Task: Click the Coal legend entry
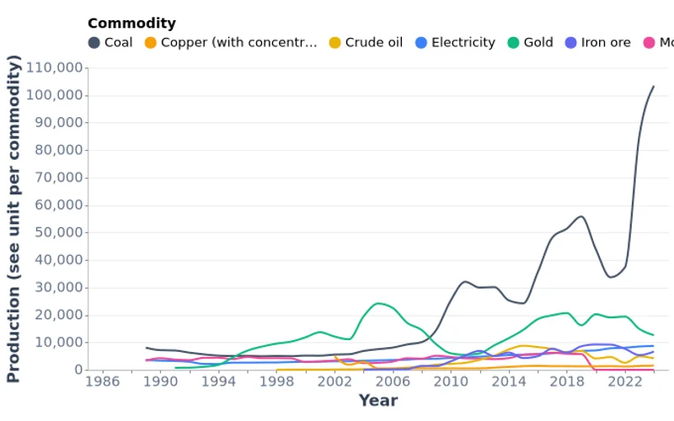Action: click(110, 42)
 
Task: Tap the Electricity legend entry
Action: click(455, 42)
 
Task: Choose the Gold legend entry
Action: click(530, 42)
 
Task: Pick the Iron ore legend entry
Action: click(597, 42)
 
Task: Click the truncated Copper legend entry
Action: click(231, 42)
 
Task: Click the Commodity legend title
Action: click(131, 23)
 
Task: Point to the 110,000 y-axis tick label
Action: click(55, 67)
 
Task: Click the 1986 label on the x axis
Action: click(103, 381)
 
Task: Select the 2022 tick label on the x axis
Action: click(624, 381)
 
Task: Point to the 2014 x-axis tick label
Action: click(508, 381)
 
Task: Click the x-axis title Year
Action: click(377, 401)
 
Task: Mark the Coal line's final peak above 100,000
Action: click(653, 86)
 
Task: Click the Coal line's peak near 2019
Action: click(581, 216)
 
